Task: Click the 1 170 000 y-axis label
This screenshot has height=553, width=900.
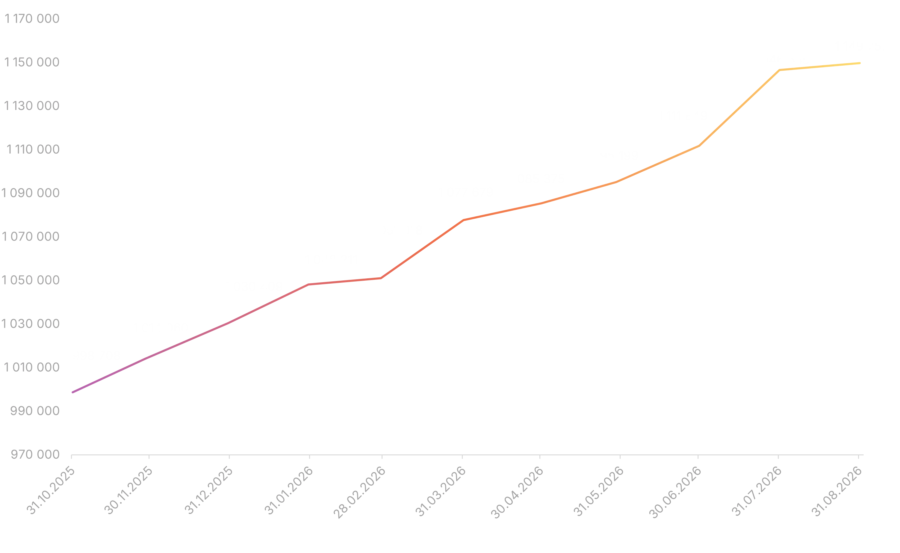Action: pyautogui.click(x=32, y=19)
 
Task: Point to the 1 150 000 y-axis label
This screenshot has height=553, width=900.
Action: pyautogui.click(x=32, y=62)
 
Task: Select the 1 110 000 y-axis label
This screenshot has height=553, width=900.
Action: pyautogui.click(x=33, y=149)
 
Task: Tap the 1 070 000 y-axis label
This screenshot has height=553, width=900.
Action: pyautogui.click(x=31, y=237)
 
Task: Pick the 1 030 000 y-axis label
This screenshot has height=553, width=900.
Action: pyautogui.click(x=31, y=324)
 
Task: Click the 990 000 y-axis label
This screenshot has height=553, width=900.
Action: pyautogui.click(x=35, y=411)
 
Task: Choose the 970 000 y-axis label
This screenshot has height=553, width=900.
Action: pyautogui.click(x=35, y=454)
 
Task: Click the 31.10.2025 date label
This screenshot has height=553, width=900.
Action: pyautogui.click(x=51, y=491)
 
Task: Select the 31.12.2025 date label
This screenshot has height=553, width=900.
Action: pyautogui.click(x=208, y=491)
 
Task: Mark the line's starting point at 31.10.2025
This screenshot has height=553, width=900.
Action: pyautogui.click(x=72, y=392)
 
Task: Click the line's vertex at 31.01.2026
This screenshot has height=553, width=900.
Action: pyautogui.click(x=308, y=285)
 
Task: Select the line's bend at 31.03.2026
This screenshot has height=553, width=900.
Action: pyautogui.click(x=463, y=220)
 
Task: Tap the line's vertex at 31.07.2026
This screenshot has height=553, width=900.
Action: pyautogui.click(x=779, y=70)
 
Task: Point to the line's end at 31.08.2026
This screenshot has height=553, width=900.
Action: pyautogui.click(x=860, y=63)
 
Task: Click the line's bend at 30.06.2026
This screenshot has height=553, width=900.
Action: pyautogui.click(x=699, y=146)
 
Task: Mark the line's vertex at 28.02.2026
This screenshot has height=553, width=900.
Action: pyautogui.click(x=381, y=278)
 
